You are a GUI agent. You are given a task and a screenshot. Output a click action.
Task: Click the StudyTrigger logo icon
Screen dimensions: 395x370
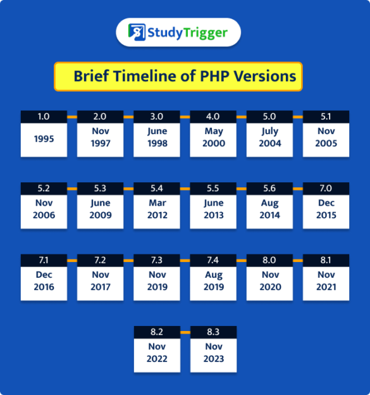pyautogui.click(x=137, y=32)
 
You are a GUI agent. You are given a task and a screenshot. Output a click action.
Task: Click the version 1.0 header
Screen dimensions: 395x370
pyautogui.click(x=44, y=116)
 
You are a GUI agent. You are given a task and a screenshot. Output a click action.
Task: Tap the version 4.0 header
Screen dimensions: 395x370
pyautogui.click(x=213, y=116)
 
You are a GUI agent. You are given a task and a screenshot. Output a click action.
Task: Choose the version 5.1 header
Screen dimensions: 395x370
pyautogui.click(x=326, y=116)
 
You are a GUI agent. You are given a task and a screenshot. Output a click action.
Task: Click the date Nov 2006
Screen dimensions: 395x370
pyautogui.click(x=44, y=210)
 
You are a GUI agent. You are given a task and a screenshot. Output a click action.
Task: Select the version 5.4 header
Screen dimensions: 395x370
pyautogui.click(x=157, y=188)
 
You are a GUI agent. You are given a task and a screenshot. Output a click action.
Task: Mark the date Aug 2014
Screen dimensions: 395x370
pyautogui.click(x=270, y=210)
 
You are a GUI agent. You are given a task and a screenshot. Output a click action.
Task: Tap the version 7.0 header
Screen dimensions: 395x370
pyautogui.click(x=326, y=188)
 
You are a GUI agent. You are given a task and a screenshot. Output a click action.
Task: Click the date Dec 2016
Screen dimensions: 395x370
pyautogui.click(x=44, y=281)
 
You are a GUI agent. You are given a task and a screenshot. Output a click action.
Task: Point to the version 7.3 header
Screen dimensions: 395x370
pyautogui.click(x=157, y=260)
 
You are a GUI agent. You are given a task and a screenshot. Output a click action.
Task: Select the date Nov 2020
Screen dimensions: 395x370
pyautogui.click(x=270, y=281)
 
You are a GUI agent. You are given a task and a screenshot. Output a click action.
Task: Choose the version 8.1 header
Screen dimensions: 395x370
pyautogui.click(x=326, y=260)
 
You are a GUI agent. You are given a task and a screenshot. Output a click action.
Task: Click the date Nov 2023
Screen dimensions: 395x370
pyautogui.click(x=213, y=353)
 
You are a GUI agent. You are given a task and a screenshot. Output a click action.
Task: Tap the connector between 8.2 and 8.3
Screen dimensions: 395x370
pyautogui.click(x=185, y=332)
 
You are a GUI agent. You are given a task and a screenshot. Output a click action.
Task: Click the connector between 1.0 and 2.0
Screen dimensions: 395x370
pyautogui.click(x=72, y=117)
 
